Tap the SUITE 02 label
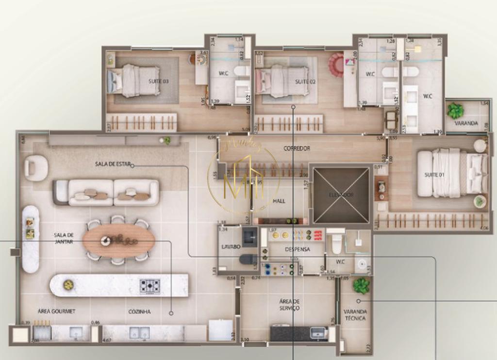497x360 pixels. pos(305,82)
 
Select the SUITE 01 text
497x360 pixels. pos(434,175)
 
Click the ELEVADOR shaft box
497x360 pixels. pos(341,195)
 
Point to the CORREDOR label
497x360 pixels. pos(297,148)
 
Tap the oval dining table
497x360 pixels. pos(118,240)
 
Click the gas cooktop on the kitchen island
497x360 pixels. pos(149,286)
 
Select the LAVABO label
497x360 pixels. pos(231,246)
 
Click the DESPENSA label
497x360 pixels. pos(297,249)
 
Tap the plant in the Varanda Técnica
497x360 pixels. pos(361,285)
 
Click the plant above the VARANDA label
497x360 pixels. pos(455,111)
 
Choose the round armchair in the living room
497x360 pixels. pos(36,168)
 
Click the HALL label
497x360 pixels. pos(279,200)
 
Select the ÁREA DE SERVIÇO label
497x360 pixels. pos(289,305)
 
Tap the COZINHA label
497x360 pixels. pos(139,311)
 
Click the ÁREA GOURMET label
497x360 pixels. pos(56,311)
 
